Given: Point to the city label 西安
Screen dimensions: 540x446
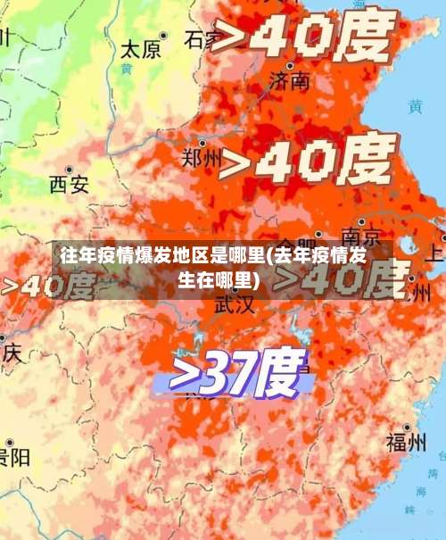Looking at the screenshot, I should point(69,185).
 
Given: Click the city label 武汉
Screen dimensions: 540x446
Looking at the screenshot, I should point(234,303).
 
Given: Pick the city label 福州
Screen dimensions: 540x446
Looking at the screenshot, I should point(406,442).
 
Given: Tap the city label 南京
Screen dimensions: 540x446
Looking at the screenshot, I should point(361,237).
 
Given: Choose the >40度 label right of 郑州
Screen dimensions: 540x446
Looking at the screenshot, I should point(308,164).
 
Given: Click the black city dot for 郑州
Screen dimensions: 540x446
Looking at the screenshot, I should point(202,143).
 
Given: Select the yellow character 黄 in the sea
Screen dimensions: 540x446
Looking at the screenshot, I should point(415,106).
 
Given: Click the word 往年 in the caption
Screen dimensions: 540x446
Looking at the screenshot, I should point(75,256).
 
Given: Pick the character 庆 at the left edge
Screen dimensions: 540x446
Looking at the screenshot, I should point(10,353).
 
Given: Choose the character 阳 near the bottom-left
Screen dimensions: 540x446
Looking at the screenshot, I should point(18,458).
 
